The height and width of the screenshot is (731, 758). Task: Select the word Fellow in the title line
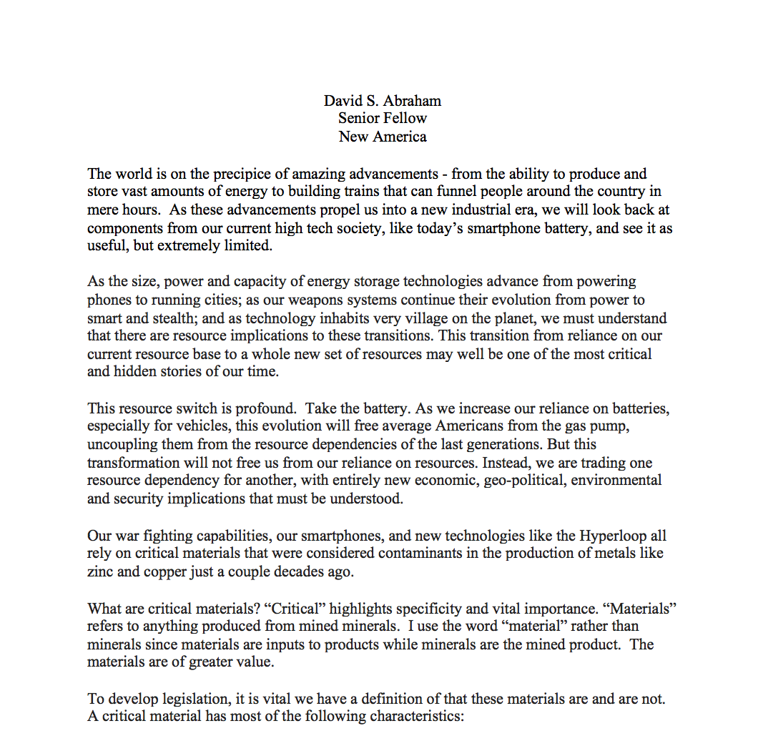404,118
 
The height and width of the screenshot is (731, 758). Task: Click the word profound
263,408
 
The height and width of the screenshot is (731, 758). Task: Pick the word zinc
101,571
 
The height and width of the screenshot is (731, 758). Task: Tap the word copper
162,571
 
